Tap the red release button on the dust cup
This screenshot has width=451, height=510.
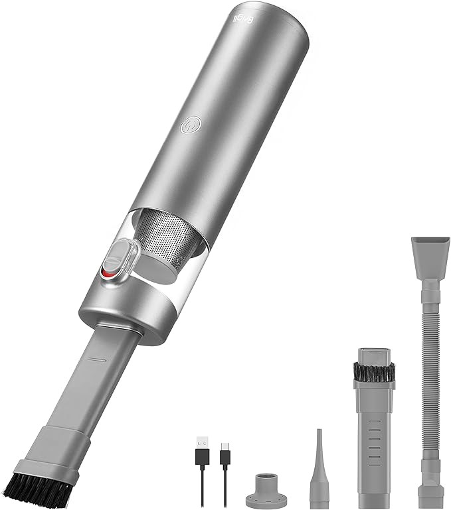[x=108, y=271]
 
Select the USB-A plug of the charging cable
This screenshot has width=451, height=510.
[x=200, y=443]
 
